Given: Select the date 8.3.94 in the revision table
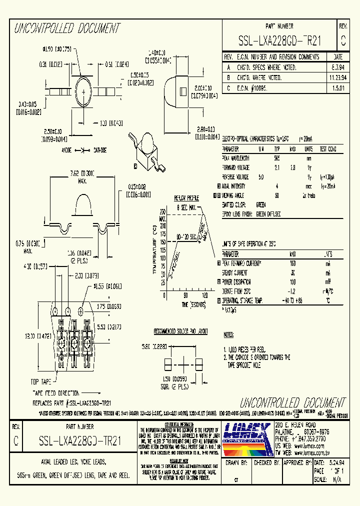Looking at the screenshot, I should click(337, 67).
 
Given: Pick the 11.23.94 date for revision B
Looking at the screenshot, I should click(337, 77).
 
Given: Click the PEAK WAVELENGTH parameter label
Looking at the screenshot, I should click(236, 158).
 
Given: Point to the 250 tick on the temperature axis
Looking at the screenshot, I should click(162, 211).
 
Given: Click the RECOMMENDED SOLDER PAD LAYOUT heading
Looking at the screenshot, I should click(180, 331).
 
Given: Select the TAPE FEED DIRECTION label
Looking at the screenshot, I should click(55, 393).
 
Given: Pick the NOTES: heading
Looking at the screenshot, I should click(228, 334).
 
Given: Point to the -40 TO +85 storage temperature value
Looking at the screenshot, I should click(293, 301).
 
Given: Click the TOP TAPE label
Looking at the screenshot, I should click(43, 381).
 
